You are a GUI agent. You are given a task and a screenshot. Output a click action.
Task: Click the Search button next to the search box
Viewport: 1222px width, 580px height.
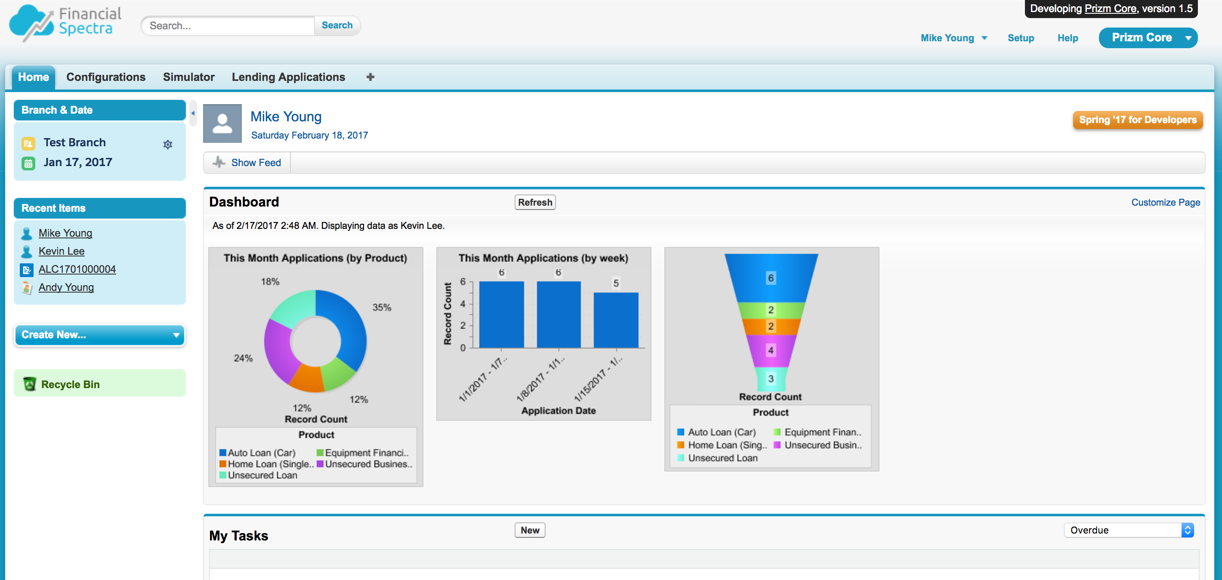coord(337,26)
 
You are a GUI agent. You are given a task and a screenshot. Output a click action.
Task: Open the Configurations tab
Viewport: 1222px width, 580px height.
coord(106,77)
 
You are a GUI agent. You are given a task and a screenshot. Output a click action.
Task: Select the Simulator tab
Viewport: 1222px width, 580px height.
coord(189,77)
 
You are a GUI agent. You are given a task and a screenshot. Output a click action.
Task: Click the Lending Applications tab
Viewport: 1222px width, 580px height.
coord(288,77)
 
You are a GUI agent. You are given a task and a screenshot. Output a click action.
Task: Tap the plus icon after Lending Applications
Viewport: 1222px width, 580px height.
coord(370,77)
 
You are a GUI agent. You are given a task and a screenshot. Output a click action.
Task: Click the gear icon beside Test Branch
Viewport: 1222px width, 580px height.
coord(167,144)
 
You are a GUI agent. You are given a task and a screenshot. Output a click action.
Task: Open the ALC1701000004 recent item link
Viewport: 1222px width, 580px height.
coord(77,269)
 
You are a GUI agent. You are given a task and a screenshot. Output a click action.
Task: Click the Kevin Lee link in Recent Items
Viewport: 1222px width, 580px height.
coord(62,251)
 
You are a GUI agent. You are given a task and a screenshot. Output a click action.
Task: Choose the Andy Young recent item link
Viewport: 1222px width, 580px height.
coord(66,287)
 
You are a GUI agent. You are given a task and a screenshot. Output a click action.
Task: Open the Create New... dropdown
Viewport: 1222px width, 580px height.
coord(100,335)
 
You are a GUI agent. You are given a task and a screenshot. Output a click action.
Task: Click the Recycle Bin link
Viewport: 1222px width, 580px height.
coord(70,385)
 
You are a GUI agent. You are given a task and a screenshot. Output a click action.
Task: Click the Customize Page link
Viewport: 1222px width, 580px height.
coord(1166,203)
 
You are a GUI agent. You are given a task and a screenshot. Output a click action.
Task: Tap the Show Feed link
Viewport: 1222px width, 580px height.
coord(256,163)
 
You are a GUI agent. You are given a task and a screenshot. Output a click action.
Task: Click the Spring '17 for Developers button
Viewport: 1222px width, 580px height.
coord(1138,120)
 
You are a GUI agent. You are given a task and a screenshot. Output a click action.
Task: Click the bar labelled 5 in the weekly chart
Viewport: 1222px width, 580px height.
coord(616,320)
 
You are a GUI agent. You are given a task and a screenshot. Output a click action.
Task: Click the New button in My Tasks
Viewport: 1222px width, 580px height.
coord(530,530)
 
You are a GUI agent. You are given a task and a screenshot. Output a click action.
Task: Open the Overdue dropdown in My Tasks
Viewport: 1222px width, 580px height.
coord(1129,530)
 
